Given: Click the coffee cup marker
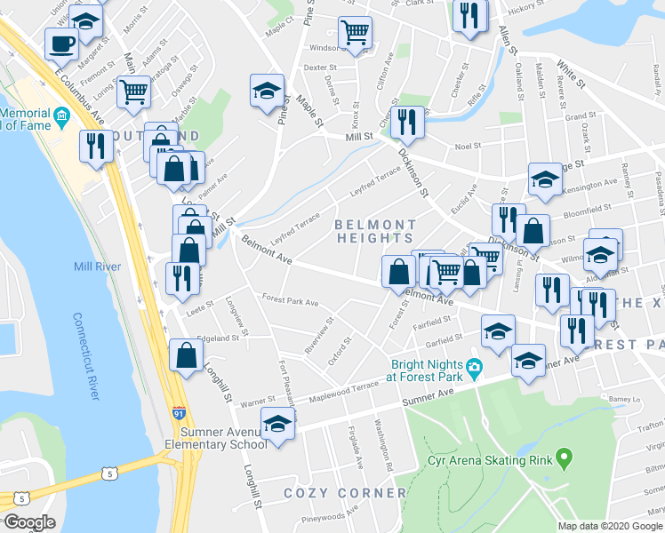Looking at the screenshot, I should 62,43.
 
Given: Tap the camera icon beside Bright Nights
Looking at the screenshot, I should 474,367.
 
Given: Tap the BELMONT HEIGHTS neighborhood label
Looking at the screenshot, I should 374,231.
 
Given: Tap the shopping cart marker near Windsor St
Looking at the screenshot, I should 355,32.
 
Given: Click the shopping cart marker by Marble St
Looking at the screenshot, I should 133,90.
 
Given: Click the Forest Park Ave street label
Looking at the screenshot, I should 288,302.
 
